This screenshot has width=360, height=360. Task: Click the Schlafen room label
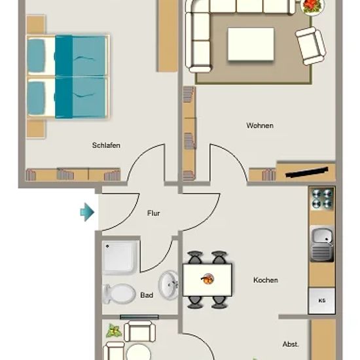click(106, 145)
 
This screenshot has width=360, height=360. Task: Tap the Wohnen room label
click(260, 126)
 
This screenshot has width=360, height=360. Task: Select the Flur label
click(153, 213)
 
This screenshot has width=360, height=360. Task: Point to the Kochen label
click(265, 280)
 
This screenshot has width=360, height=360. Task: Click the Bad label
click(147, 295)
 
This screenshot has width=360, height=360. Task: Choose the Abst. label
click(291, 344)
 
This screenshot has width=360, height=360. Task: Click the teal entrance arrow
click(87, 212)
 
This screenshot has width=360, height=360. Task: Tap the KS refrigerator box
click(321, 301)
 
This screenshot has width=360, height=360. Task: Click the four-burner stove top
click(322, 198)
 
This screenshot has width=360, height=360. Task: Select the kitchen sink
click(322, 244)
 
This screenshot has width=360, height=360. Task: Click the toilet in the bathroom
click(119, 294)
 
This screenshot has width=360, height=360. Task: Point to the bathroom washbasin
click(168, 285)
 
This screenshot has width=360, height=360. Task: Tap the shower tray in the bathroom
click(121, 257)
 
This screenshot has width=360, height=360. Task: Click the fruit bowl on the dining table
click(207, 279)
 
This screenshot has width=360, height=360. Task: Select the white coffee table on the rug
click(251, 45)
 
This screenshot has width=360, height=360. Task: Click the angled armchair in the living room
click(311, 46)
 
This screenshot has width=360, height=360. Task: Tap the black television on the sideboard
click(307, 172)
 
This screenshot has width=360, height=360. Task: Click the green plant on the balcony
click(113, 331)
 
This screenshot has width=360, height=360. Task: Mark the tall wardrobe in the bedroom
click(168, 35)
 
